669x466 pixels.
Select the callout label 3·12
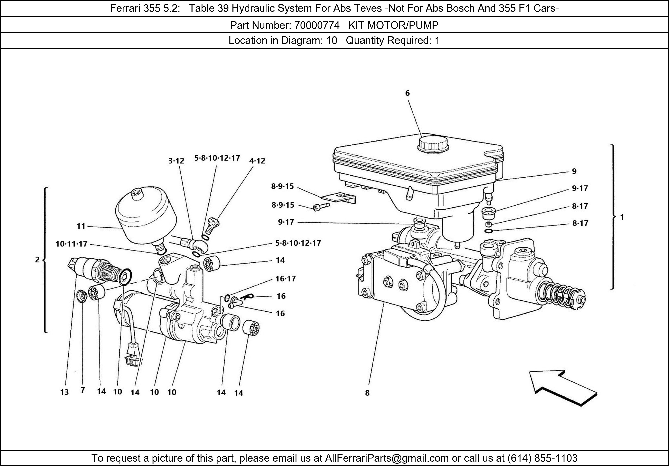coord(176,161)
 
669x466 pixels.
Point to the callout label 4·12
coord(257,161)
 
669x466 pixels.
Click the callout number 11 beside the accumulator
coord(81,226)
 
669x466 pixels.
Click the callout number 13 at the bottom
coord(64,392)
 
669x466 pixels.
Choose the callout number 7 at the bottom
coord(83,390)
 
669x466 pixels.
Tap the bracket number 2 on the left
coord(37,260)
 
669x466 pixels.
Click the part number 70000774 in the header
coord(317,26)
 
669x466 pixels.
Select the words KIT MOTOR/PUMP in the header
coord(393,26)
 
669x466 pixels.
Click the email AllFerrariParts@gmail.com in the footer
coord(387,458)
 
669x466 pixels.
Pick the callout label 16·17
coord(285,279)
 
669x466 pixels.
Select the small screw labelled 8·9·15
coord(320,207)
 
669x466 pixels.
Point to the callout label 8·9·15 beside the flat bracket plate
coord(282,186)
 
